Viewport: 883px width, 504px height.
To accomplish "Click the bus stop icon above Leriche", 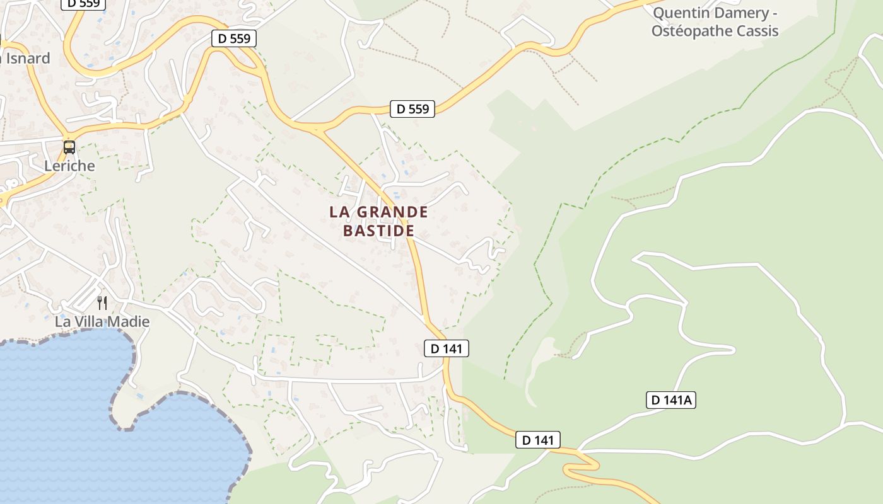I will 69,147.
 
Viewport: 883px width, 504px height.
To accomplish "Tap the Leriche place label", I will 69,166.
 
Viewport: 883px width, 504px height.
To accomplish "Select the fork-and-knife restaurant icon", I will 102,303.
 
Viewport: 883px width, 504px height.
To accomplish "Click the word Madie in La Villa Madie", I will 130,322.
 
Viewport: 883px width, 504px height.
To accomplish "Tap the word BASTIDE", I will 378,231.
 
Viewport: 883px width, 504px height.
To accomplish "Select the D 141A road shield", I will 670,400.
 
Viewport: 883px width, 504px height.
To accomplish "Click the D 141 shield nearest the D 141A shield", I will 537,440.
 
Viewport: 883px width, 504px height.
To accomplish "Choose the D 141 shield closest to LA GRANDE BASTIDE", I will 446,348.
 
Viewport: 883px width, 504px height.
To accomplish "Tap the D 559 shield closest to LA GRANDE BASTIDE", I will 412,109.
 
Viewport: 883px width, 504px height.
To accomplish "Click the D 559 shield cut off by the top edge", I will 83,4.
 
